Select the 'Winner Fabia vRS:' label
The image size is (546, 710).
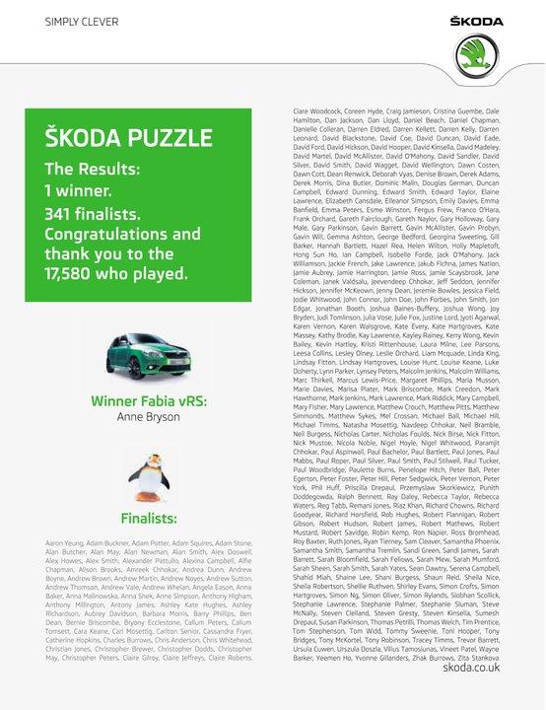148,401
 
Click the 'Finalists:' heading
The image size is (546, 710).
149,518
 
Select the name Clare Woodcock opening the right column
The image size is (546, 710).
322,114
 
